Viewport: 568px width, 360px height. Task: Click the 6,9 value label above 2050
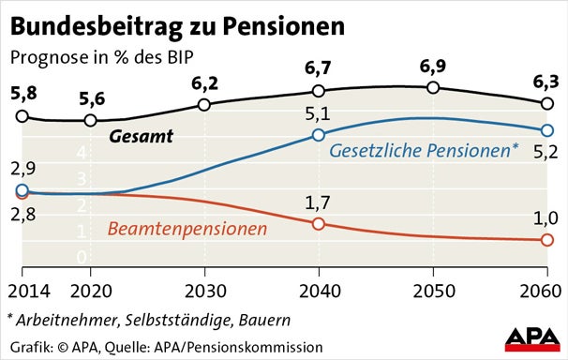click(432, 67)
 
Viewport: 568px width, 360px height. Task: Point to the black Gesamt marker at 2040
click(319, 91)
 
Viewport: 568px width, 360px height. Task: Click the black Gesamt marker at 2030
click(204, 104)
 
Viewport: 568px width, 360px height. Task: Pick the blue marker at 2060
click(546, 130)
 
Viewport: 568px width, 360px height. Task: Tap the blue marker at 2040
click(319, 135)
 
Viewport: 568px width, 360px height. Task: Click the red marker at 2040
click(319, 223)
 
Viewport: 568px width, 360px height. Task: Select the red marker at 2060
click(546, 241)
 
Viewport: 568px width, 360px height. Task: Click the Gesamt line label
click(142, 137)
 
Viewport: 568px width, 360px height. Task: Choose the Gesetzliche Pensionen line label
click(426, 151)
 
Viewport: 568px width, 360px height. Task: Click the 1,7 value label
click(319, 201)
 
